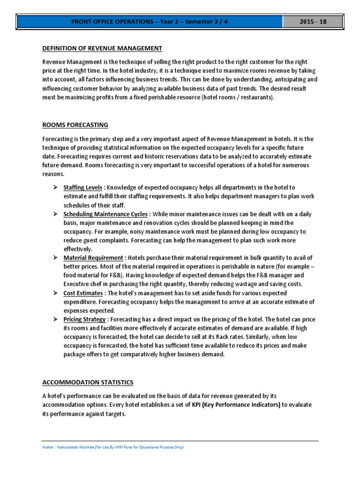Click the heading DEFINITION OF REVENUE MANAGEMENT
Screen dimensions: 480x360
[x=102, y=48]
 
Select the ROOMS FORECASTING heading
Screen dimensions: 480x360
[x=75, y=125]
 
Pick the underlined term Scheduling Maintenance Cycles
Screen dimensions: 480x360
[x=105, y=214]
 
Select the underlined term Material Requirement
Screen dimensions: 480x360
[x=92, y=258]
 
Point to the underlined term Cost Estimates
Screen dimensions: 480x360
[x=83, y=293]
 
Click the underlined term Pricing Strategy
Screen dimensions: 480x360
[x=84, y=320]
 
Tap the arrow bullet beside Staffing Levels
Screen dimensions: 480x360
[x=55, y=187]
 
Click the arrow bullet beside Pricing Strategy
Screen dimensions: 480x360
[x=55, y=320]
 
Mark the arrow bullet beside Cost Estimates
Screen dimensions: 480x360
[x=55, y=293]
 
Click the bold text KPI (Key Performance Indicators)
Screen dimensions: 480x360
[x=236, y=405]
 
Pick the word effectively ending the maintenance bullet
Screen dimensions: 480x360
[x=78, y=249]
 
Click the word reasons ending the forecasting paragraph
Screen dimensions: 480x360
[x=53, y=173]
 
